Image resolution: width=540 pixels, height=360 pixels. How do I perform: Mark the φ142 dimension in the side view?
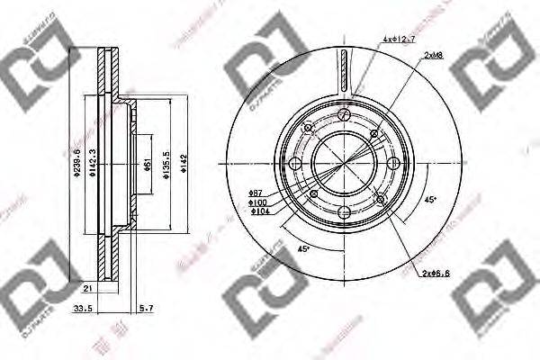[x=184, y=163]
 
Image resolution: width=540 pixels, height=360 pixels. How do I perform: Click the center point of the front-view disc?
[x=346, y=165]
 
